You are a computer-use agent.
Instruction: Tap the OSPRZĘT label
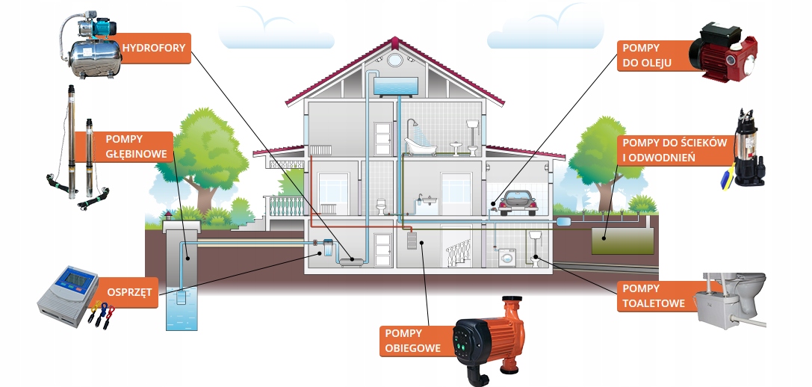(x=131, y=292)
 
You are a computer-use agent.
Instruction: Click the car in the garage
(x=518, y=200)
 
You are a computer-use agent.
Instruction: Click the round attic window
(x=392, y=60)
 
